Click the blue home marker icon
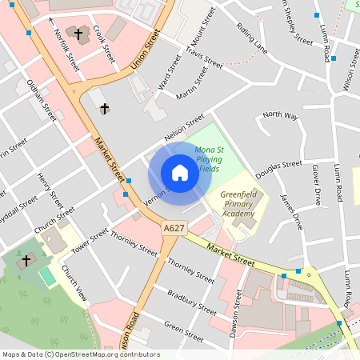click(x=180, y=173)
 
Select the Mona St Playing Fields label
click(x=209, y=158)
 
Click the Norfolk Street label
click(x=66, y=49)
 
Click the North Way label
click(x=280, y=115)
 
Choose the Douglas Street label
click(x=278, y=169)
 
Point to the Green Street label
click(x=184, y=326)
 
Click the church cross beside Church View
click(x=26, y=260)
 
